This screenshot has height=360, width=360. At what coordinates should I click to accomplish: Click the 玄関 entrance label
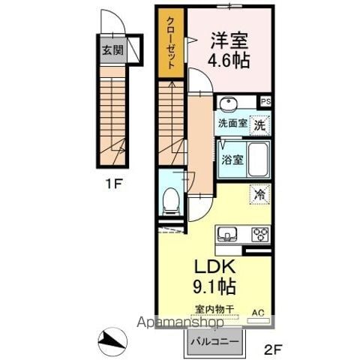pyautogui.click(x=113, y=50)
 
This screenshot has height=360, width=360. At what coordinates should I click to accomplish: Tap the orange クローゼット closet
pyautogui.click(x=171, y=43)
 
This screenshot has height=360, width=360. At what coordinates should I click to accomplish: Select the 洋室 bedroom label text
pyautogui.click(x=229, y=40)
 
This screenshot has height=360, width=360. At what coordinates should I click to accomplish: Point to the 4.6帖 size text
pyautogui.click(x=229, y=60)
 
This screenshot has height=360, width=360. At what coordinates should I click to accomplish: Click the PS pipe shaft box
pyautogui.click(x=265, y=101)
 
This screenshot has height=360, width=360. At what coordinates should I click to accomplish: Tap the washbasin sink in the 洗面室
pyautogui.click(x=228, y=103)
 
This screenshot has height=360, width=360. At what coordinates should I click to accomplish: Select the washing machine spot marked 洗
pyautogui.click(x=260, y=125)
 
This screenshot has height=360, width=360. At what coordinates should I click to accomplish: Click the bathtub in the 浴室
pyautogui.click(x=259, y=160)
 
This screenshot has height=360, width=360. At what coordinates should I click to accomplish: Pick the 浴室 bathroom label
pyautogui.click(x=232, y=160)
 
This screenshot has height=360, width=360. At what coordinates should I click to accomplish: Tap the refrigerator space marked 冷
pyautogui.click(x=260, y=194)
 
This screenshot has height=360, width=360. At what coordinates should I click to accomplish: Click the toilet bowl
pyautogui.click(x=171, y=201)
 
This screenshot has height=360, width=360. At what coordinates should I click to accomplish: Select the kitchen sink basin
pyautogui.click(x=227, y=234)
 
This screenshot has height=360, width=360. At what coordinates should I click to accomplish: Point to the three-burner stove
pyautogui.click(x=260, y=235)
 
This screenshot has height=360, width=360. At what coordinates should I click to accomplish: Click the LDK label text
pyautogui.click(x=215, y=267)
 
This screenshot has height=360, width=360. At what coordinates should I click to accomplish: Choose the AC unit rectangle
pyautogui.click(x=259, y=320)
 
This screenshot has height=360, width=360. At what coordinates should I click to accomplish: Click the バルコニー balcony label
pyautogui.click(x=215, y=341)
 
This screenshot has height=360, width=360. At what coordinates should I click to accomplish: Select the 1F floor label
pyautogui.click(x=113, y=184)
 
